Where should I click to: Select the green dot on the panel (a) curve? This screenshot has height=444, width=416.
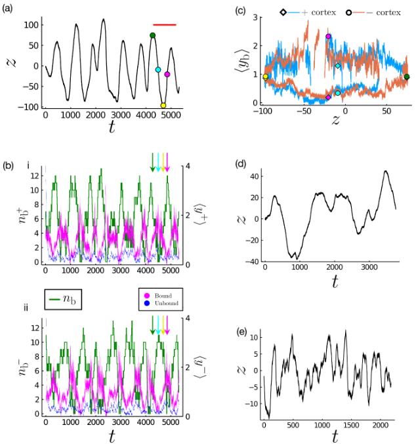point(152,35)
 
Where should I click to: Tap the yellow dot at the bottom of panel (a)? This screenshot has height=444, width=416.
point(163,106)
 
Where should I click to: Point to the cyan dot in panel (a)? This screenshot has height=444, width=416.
point(157,70)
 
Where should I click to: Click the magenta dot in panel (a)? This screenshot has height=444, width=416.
point(167,74)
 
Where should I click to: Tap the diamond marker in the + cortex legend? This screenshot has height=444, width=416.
point(283,12)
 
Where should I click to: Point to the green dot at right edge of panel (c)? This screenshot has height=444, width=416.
point(407,77)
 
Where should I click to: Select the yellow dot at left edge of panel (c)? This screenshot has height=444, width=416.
point(265,77)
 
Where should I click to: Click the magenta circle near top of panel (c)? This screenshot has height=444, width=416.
point(328,37)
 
